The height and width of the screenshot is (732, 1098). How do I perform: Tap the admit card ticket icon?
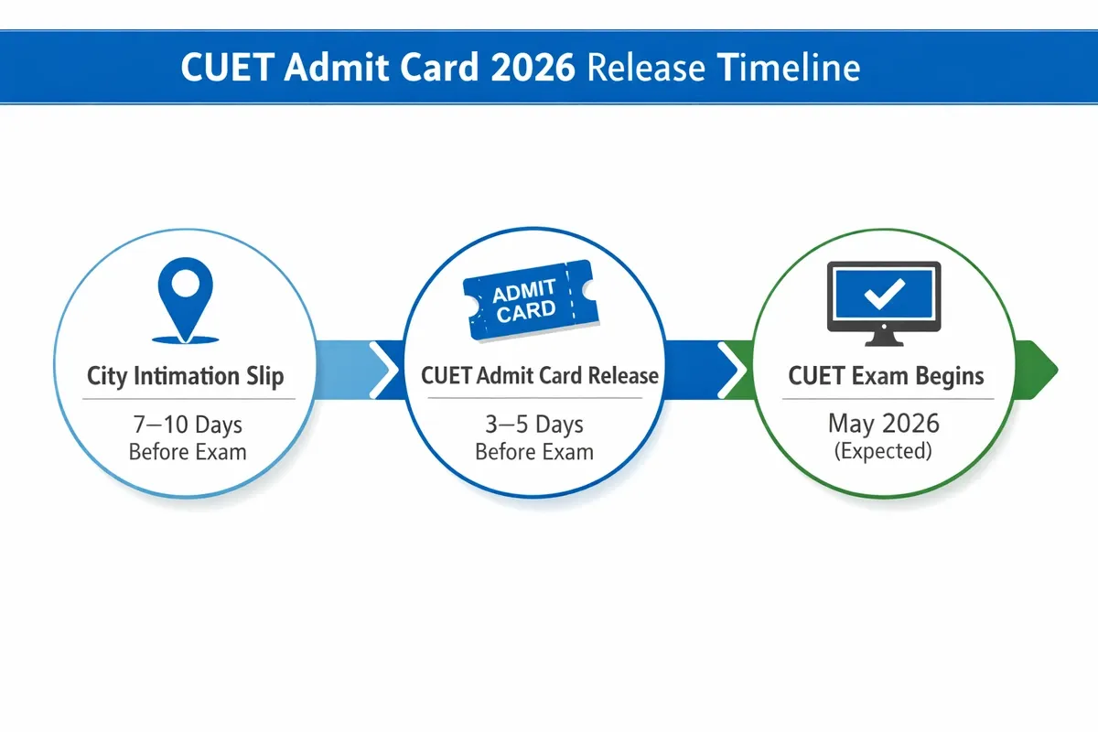[x=530, y=301]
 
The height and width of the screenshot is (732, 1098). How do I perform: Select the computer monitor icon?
[x=883, y=302]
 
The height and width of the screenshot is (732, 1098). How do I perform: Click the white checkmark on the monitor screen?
[x=884, y=295]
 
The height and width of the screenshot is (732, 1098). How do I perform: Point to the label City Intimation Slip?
[x=186, y=376]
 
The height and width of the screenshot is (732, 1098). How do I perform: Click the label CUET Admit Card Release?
[x=539, y=376]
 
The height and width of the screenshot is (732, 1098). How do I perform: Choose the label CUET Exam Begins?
[x=886, y=376]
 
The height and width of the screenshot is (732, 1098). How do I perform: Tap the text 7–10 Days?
[x=187, y=425]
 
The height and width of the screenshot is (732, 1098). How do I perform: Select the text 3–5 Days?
[x=534, y=425]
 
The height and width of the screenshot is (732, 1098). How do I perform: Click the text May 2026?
[x=883, y=425]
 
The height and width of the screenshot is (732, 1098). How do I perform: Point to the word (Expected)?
[x=883, y=452]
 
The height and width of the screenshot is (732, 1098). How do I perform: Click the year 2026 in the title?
[x=527, y=70]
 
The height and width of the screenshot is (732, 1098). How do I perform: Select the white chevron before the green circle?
[x=731, y=371]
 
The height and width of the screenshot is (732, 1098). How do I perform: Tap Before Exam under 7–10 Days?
[x=187, y=452]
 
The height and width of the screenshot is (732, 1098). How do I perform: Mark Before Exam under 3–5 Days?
[x=534, y=452]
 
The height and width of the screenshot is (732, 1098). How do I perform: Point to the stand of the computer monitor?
[x=883, y=338]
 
